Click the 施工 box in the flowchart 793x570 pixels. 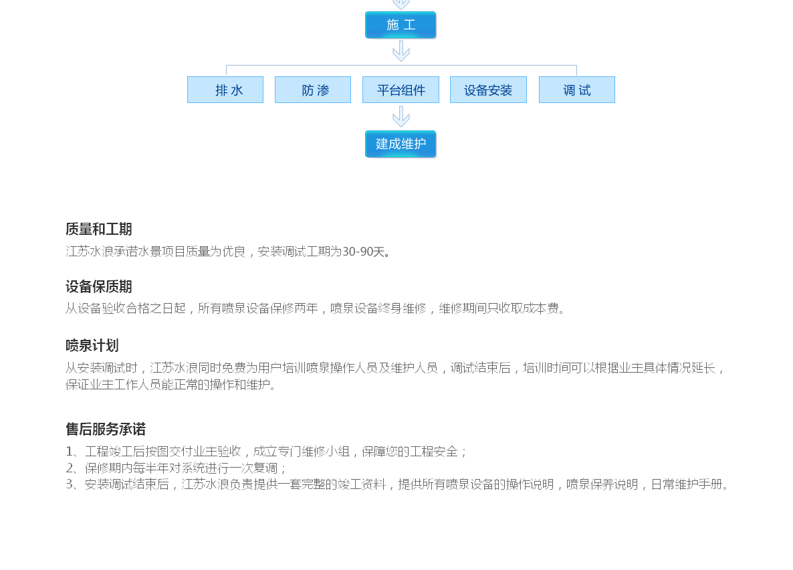click(401, 25)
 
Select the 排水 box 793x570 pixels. click(225, 90)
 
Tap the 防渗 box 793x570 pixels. click(313, 90)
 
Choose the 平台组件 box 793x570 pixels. click(401, 90)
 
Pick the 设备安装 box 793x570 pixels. click(488, 90)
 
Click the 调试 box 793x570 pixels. click(576, 90)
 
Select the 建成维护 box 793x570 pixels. click(401, 144)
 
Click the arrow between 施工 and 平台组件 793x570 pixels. click(401, 51)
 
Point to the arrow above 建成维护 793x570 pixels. click(401, 116)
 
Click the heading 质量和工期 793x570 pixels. click(99, 229)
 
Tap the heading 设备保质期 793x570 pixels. click(99, 287)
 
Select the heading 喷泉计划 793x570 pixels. click(92, 346)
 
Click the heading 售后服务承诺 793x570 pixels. click(106, 430)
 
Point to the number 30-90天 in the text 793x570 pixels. click(364, 252)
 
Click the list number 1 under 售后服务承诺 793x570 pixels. click(70, 452)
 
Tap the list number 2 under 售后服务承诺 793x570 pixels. click(70, 468)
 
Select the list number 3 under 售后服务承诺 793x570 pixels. click(70, 484)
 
